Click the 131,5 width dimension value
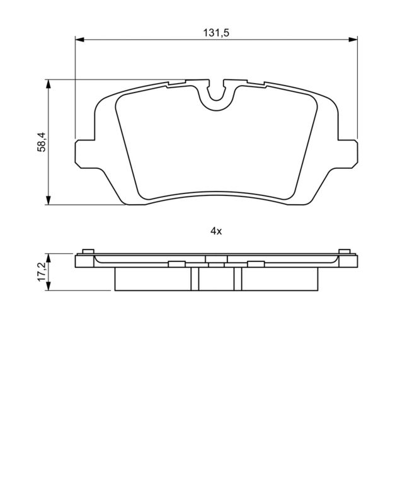point(216,33)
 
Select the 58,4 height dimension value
point(42,142)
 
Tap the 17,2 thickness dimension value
point(42,272)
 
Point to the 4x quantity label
point(216,231)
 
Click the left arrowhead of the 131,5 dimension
point(79,40)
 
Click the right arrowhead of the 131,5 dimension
point(353,40)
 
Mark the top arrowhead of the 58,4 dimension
point(49,84)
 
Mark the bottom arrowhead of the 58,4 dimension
point(49,200)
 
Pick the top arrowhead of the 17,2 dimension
point(49,258)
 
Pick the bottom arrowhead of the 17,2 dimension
point(49,286)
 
